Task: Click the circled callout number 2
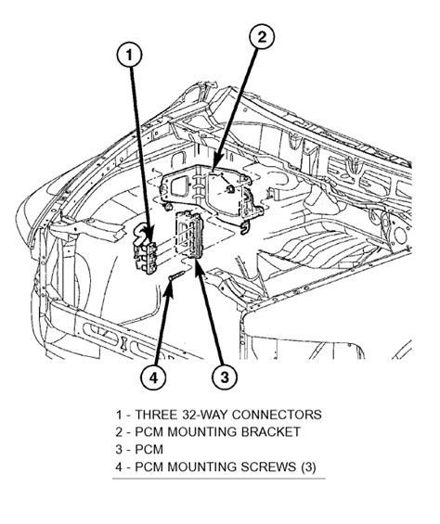point(264,38)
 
